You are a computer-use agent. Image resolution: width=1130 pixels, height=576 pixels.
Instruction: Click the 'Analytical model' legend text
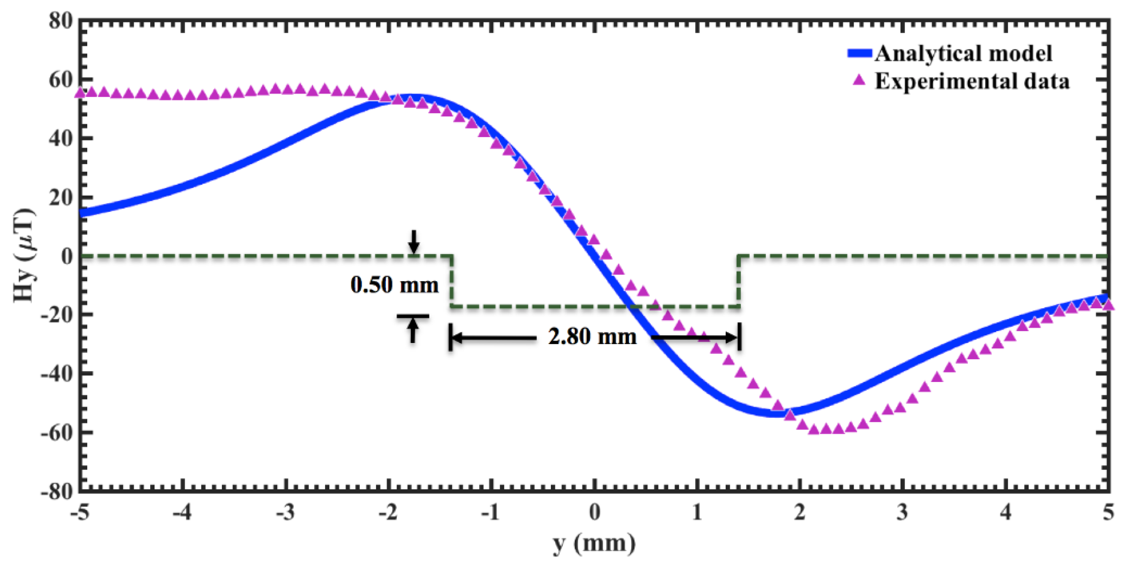point(963,54)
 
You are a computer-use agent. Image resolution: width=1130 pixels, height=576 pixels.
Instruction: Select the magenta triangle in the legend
point(859,80)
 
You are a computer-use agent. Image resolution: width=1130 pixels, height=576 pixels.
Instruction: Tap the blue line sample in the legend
point(860,53)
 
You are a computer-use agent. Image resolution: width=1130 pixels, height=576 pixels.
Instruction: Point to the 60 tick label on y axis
point(60,80)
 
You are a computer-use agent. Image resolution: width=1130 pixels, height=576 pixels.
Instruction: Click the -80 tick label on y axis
point(56,491)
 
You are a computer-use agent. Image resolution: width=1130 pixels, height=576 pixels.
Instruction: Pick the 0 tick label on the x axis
point(594,511)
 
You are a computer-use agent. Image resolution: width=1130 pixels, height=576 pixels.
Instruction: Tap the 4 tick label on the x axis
point(1005,511)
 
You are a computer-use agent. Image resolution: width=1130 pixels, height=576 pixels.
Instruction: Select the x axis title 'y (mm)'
point(594,544)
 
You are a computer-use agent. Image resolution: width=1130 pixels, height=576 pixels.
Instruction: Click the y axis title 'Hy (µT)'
point(25,255)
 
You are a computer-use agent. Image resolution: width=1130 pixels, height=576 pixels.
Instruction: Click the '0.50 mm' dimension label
point(394,285)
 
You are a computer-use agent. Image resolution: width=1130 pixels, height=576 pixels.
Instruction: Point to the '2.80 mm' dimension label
point(592,337)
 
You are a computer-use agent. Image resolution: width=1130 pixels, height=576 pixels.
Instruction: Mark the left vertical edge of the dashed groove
point(451,281)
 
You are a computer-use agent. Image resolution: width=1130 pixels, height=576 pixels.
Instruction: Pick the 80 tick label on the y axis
point(60,21)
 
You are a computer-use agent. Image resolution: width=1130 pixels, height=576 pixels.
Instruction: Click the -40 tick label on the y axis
point(56,374)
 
